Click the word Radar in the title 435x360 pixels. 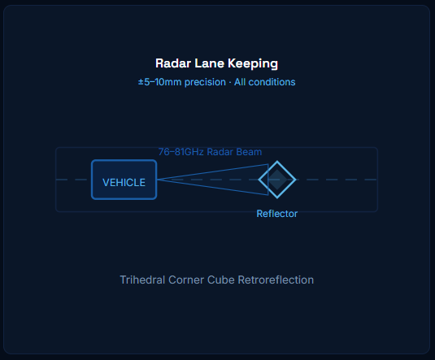coord(173,63)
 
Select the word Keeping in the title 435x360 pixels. coord(253,63)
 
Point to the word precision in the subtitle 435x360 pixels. coord(205,82)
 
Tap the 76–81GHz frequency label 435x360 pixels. coord(181,152)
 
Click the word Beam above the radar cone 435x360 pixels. coord(250,152)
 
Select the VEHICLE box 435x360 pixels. coord(124,180)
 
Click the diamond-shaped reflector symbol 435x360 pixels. coord(277,167)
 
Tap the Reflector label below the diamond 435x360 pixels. coord(277,214)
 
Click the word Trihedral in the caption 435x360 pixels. coord(142,280)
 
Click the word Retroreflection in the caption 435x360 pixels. coord(276,280)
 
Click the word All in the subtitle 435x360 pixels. coord(240,82)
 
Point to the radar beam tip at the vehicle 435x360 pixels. coord(158,180)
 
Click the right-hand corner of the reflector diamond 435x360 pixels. coord(296,180)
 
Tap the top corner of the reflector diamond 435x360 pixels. coord(277,161)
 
